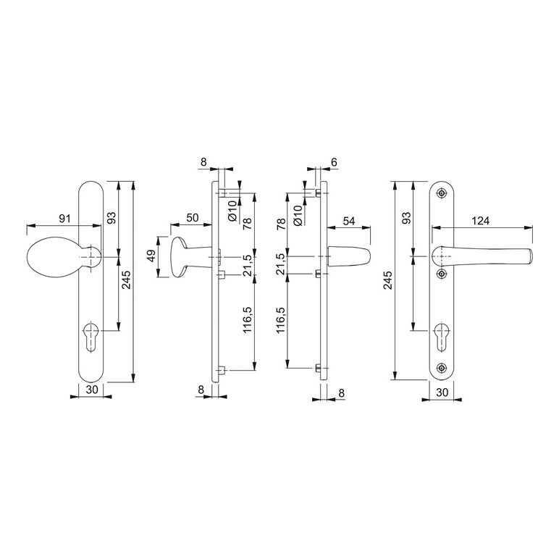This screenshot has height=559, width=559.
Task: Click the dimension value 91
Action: (x=64, y=219)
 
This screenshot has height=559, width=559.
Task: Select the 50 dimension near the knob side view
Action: (x=192, y=217)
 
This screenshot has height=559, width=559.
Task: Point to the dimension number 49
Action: (x=152, y=256)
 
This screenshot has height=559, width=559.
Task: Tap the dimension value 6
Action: (x=334, y=162)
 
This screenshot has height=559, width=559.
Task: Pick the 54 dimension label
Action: (x=349, y=221)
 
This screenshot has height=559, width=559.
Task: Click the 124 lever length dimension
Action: (x=480, y=221)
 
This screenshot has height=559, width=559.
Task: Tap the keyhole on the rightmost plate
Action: (x=442, y=337)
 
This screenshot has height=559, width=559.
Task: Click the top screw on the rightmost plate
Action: (x=442, y=193)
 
